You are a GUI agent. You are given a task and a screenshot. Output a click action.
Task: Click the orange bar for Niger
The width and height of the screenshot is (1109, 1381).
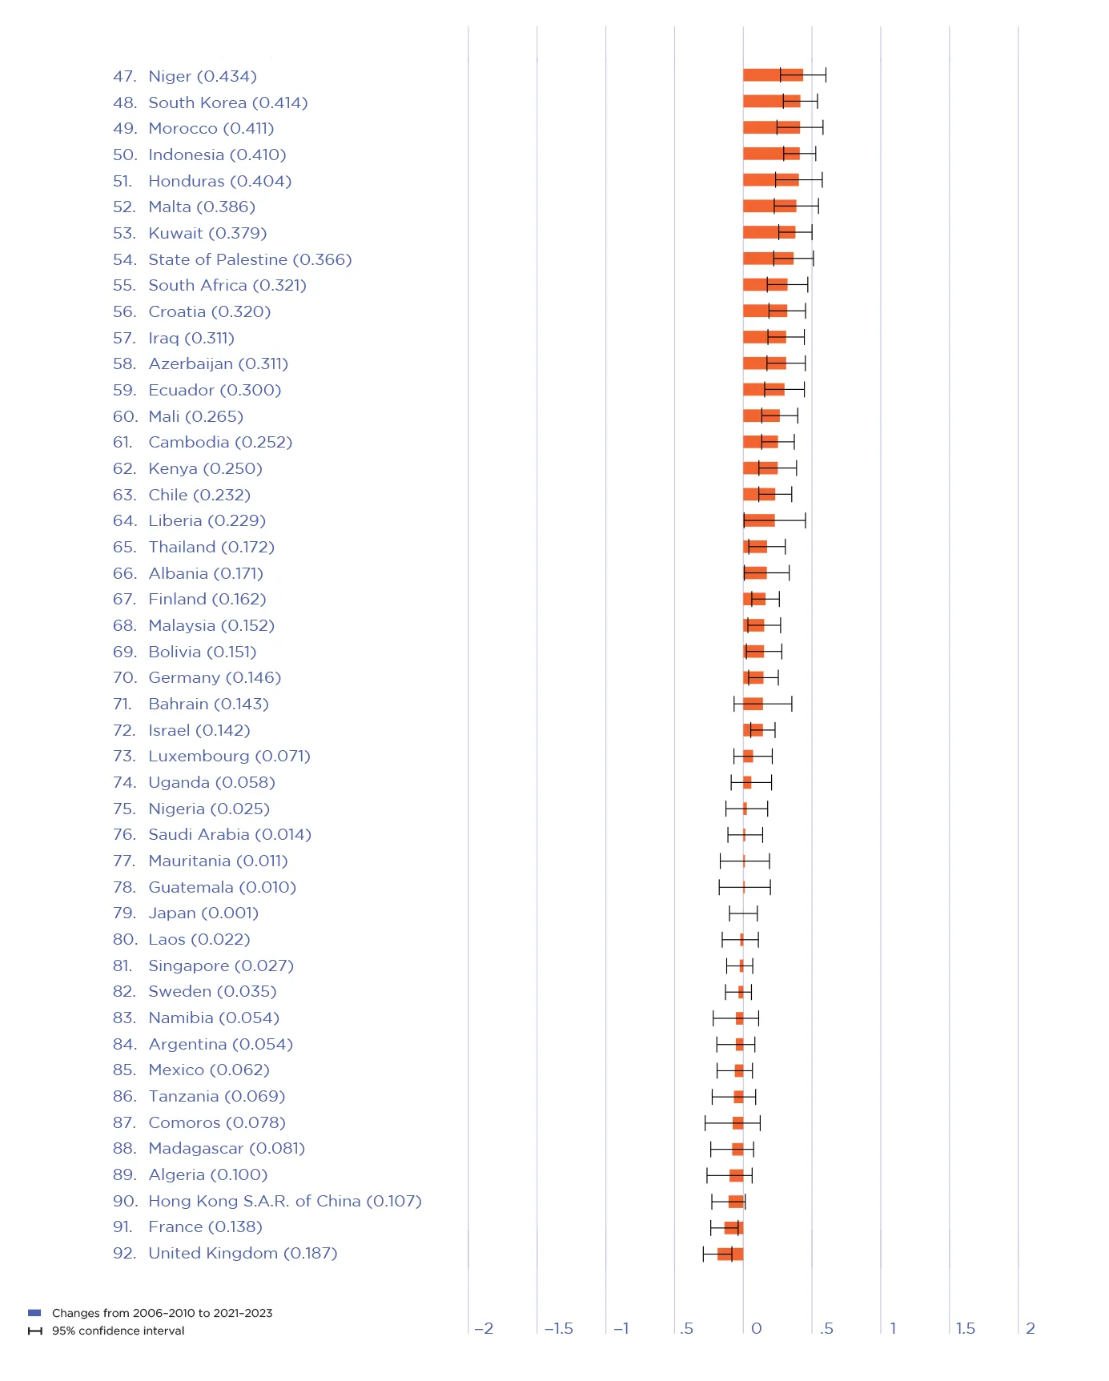pyautogui.click(x=772, y=75)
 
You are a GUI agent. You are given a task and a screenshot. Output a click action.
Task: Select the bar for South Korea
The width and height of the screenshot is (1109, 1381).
pyautogui.click(x=771, y=101)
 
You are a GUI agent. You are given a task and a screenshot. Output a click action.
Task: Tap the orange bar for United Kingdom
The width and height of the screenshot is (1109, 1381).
pyautogui.click(x=730, y=1254)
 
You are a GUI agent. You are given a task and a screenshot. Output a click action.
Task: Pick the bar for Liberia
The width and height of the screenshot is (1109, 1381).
pyautogui.click(x=758, y=520)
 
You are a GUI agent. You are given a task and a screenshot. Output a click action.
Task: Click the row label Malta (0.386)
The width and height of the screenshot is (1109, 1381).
pyautogui.click(x=202, y=207)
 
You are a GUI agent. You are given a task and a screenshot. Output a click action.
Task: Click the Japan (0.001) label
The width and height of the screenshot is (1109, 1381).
pyautogui.click(x=203, y=913)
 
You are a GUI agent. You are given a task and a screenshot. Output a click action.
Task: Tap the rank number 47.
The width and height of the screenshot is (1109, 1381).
pyautogui.click(x=124, y=76)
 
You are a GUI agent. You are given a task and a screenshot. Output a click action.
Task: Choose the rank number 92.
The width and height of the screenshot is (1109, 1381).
pyautogui.click(x=124, y=1253)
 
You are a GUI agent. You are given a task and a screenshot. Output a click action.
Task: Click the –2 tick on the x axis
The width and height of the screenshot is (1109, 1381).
pyautogui.click(x=484, y=1328)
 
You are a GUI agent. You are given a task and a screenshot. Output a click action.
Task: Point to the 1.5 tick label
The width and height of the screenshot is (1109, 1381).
pyautogui.click(x=965, y=1328)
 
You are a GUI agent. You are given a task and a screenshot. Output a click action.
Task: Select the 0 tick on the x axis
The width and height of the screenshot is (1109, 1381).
pyautogui.click(x=756, y=1328)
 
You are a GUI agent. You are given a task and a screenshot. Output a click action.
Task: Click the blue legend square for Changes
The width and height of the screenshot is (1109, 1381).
pyautogui.click(x=34, y=1313)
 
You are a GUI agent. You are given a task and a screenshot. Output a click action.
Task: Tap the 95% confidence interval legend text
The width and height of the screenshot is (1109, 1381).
pyautogui.click(x=118, y=1331)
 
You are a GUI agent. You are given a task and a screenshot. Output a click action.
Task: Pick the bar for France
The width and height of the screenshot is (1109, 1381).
pyautogui.click(x=733, y=1227)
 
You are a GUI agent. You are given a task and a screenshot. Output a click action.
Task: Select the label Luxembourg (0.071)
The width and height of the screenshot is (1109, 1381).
pyautogui.click(x=229, y=756)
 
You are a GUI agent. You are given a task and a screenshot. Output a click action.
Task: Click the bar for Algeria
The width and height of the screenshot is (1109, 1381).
pyautogui.click(x=736, y=1175)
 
